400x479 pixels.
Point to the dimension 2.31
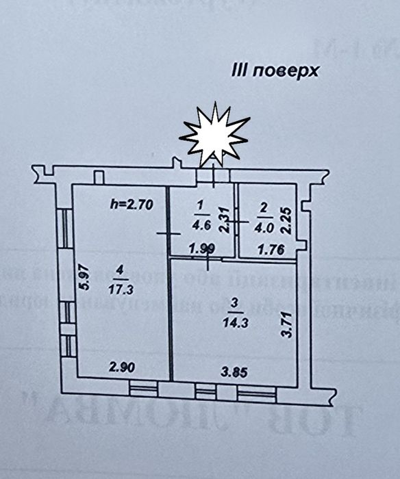point(222,220)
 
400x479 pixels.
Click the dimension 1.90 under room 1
point(201,249)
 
